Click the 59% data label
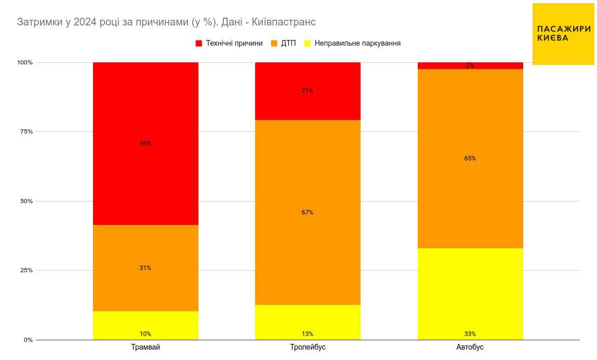(145, 143)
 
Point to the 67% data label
(308, 212)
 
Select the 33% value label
(470, 334)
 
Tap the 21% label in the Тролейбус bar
(308, 91)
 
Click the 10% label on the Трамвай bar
(145, 334)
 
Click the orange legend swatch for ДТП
(274, 44)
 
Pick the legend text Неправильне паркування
(357, 44)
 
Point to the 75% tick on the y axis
(26, 132)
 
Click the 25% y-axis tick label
(26, 271)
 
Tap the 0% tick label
(28, 340)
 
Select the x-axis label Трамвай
(145, 347)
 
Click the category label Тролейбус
(308, 347)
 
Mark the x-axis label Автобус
(470, 347)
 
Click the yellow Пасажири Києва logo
(563, 34)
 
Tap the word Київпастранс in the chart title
(287, 22)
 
